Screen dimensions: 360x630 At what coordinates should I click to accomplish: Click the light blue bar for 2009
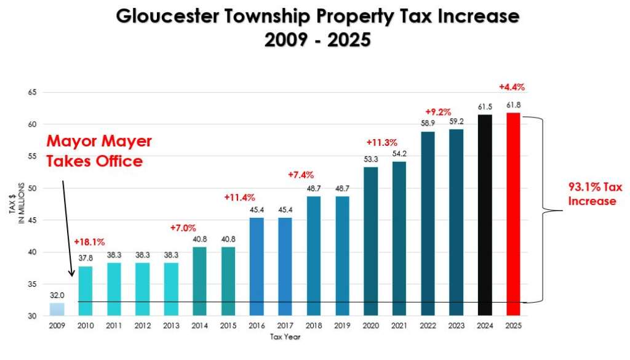coord(56,309)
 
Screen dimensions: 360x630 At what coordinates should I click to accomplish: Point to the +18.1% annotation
coord(89,242)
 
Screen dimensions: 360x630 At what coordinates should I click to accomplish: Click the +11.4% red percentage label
coord(239,198)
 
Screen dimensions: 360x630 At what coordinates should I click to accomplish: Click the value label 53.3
coord(372,160)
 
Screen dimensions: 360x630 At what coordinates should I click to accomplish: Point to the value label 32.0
coord(57,295)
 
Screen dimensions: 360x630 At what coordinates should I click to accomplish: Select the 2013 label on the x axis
coord(171,326)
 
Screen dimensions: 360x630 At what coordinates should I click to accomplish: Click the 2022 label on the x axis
coord(428,326)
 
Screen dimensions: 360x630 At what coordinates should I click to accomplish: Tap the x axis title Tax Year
coord(285,337)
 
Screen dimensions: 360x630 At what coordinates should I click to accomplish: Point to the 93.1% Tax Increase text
coord(591,194)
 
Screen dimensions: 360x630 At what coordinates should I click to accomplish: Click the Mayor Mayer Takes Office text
coord(98,151)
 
